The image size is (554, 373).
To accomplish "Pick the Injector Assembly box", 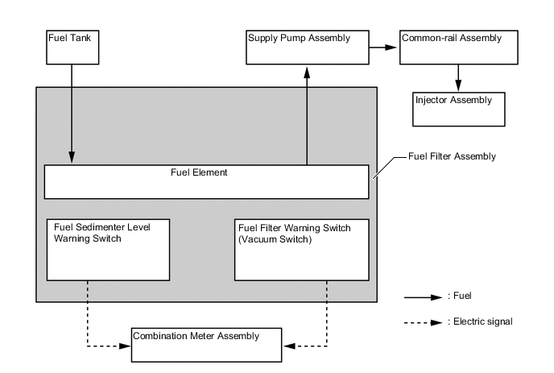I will [x=458, y=109].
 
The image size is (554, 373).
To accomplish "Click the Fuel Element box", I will [x=206, y=181].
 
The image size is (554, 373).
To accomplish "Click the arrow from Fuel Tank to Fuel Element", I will [x=72, y=113].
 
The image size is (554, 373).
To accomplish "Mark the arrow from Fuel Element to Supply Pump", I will [x=307, y=117].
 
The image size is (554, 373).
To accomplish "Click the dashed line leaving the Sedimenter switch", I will [x=86, y=314].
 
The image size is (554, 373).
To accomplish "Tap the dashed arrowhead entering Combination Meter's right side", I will [x=287, y=346].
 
